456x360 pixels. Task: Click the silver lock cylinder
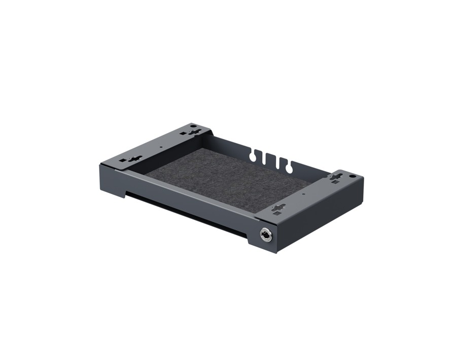tap(265, 234)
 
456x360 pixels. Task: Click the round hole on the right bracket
tap(352, 176)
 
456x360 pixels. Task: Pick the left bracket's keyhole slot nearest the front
tap(134, 158)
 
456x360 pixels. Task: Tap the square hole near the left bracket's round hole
tap(183, 133)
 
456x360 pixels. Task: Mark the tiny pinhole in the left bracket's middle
tap(161, 146)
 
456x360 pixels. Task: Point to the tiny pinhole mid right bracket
tap(303, 193)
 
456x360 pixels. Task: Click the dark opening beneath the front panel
tap(183, 208)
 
